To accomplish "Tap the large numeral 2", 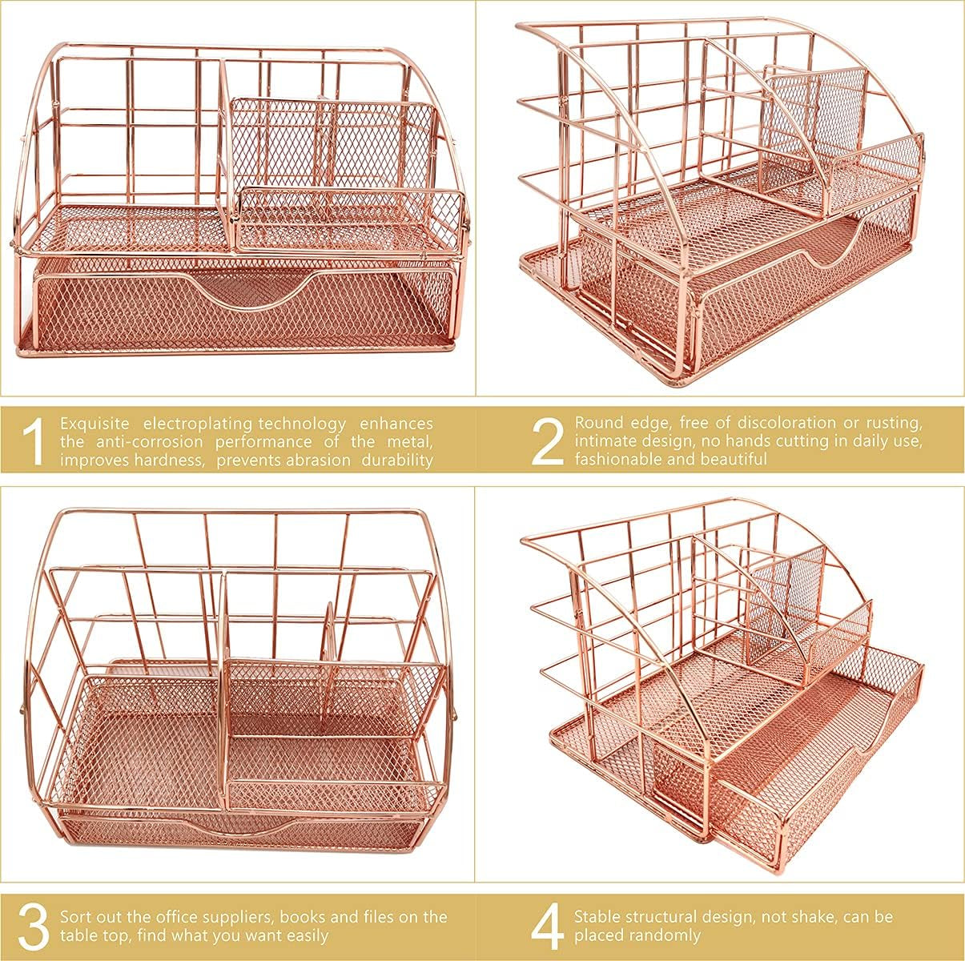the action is pos(547,440).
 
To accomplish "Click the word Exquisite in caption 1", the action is pos(94,424).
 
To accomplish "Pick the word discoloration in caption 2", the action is pos(786,423).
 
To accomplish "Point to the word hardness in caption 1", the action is pos(170,460).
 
